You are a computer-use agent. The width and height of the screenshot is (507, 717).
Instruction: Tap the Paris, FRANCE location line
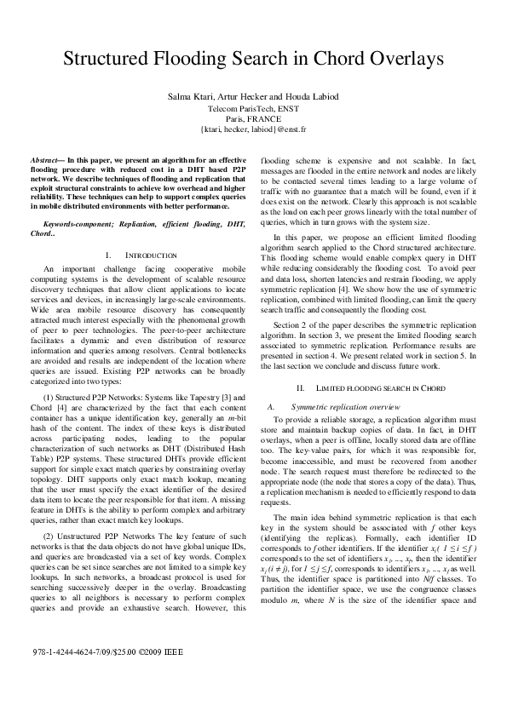(x=253, y=120)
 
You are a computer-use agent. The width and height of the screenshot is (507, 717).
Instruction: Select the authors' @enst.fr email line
(x=253, y=129)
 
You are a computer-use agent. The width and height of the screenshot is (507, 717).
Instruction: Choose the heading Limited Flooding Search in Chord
(x=369, y=387)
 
